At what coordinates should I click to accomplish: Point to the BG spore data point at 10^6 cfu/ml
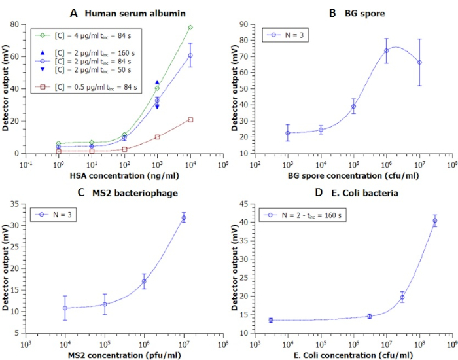point(386,50)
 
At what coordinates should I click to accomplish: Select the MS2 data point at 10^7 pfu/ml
point(184,218)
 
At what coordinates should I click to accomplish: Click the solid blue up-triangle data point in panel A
point(157,82)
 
